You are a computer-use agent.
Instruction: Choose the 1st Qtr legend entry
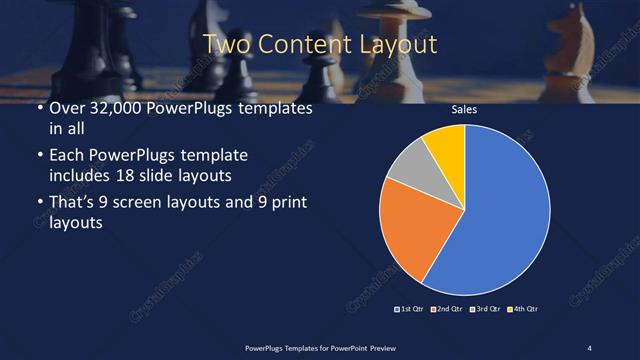coord(411,308)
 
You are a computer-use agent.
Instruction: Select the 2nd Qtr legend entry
coord(448,308)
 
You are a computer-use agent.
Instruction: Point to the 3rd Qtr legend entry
coord(486,308)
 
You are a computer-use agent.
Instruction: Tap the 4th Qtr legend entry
coord(524,308)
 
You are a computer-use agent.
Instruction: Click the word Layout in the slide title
coord(397,44)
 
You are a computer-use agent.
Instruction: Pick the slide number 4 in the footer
coord(589,347)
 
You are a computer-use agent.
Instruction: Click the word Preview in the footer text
coord(378,347)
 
